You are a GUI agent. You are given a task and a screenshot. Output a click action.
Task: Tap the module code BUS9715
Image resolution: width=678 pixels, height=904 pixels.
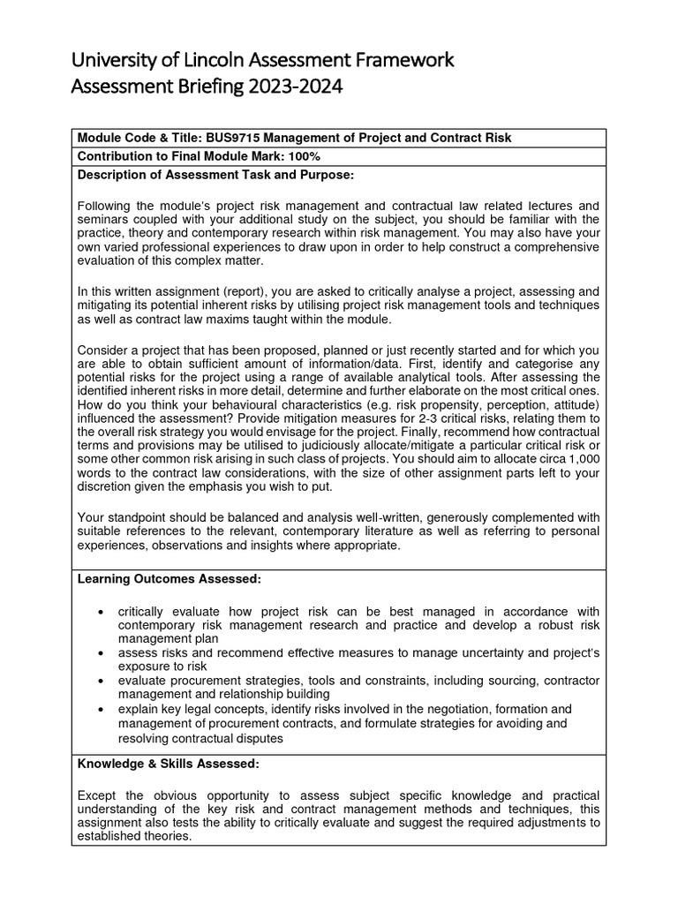(x=235, y=138)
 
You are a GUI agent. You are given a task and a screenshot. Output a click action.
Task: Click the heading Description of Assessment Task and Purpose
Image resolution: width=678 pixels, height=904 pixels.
(x=216, y=174)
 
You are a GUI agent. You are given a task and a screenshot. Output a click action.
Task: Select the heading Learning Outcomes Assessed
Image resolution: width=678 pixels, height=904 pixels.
(x=169, y=578)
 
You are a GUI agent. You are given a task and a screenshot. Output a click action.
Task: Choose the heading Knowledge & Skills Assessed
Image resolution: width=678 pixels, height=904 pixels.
(x=169, y=763)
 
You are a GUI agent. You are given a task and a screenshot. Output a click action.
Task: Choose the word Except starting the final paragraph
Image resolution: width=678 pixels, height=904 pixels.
(x=99, y=795)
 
